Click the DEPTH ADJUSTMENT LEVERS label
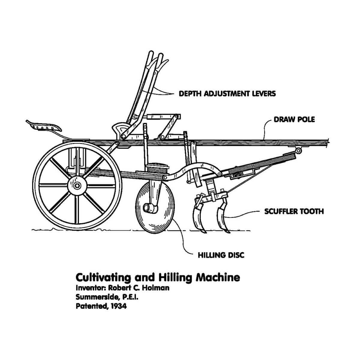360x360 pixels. tap(227, 94)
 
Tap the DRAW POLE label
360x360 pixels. tap(294, 120)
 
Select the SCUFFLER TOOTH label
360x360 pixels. tap(294, 211)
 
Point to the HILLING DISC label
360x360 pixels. tap(221, 255)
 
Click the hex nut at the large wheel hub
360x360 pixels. tap(77, 186)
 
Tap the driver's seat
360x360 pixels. tap(44, 126)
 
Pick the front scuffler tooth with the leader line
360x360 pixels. tap(223, 217)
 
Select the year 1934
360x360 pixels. tap(118, 306)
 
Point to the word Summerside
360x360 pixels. tap(97, 297)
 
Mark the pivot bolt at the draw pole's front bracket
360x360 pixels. tap(298, 151)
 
